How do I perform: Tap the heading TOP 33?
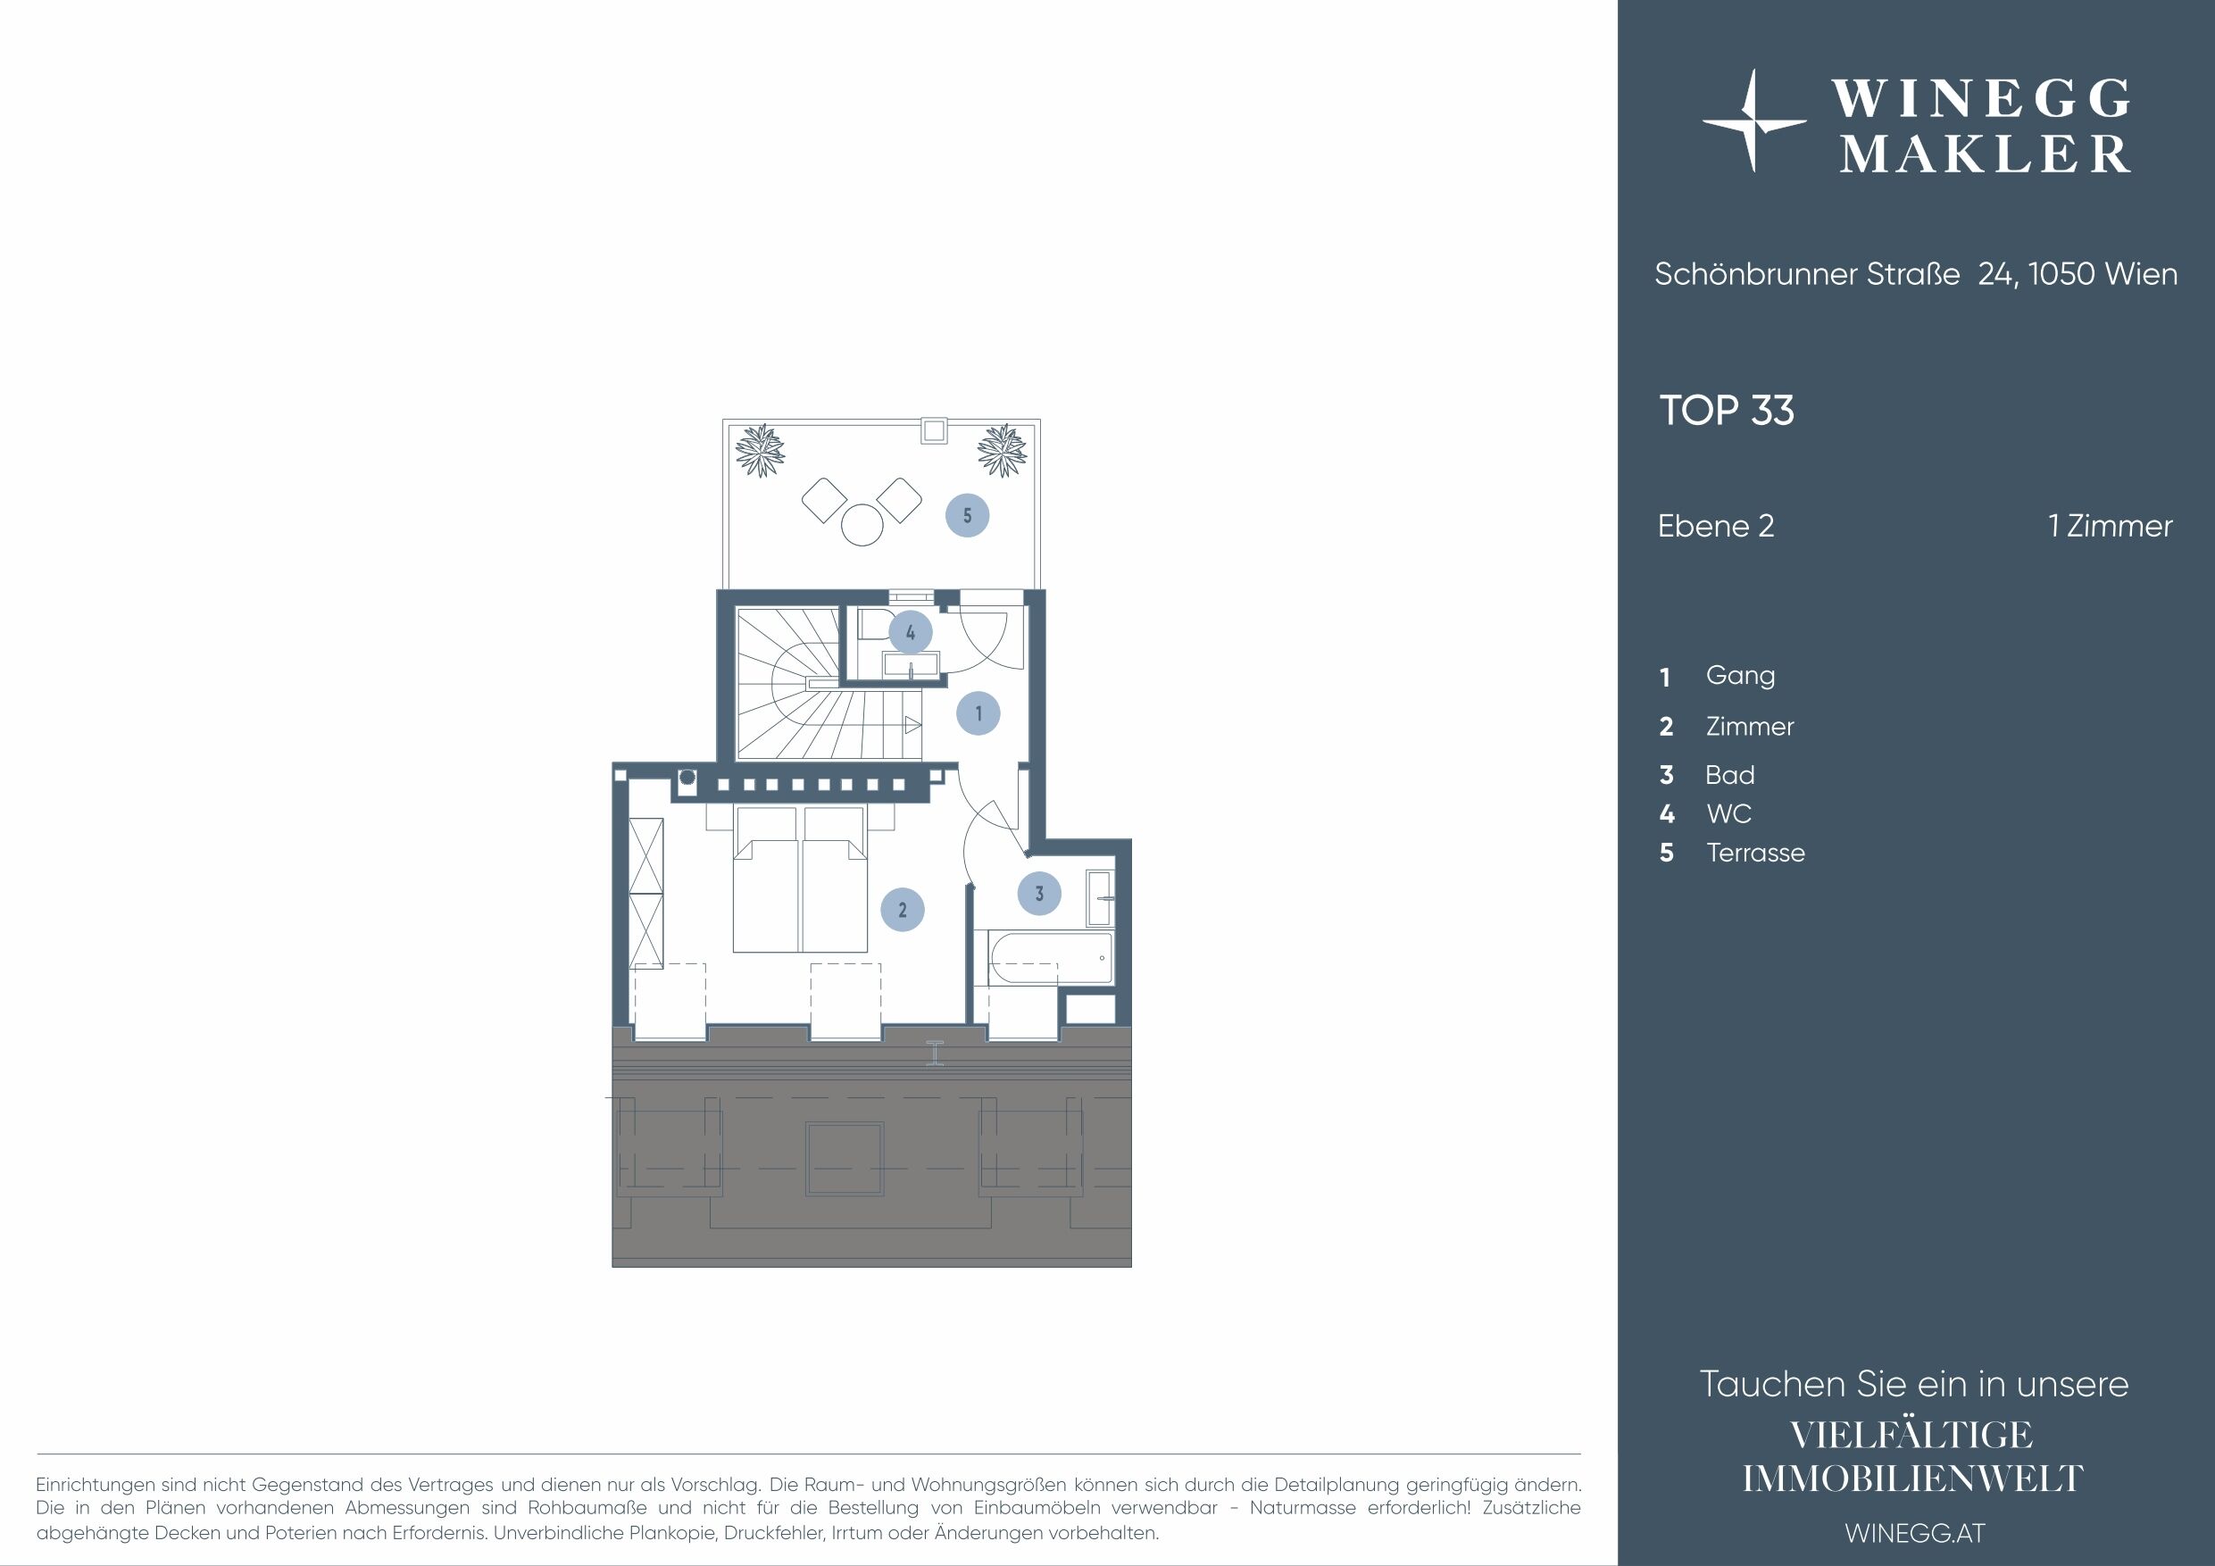(x=1726, y=410)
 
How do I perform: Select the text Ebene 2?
(x=1715, y=526)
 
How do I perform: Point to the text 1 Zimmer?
(x=2110, y=526)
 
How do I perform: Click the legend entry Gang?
(x=1740, y=676)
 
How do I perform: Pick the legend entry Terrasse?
(x=1755, y=853)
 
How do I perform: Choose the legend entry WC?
(x=1728, y=813)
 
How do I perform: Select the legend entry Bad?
(x=1729, y=775)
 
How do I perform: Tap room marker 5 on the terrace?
(x=967, y=515)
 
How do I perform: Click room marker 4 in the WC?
(x=910, y=633)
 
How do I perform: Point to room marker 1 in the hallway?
(x=978, y=713)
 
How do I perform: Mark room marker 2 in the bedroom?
(x=902, y=909)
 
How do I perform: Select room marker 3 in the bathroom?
(x=1039, y=894)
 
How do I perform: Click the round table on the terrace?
(x=862, y=525)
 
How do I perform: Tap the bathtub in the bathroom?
(x=1050, y=958)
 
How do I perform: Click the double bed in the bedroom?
(x=800, y=879)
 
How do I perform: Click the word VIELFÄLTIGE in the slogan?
(x=1911, y=1435)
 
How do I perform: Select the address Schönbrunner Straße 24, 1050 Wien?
(x=1916, y=274)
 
